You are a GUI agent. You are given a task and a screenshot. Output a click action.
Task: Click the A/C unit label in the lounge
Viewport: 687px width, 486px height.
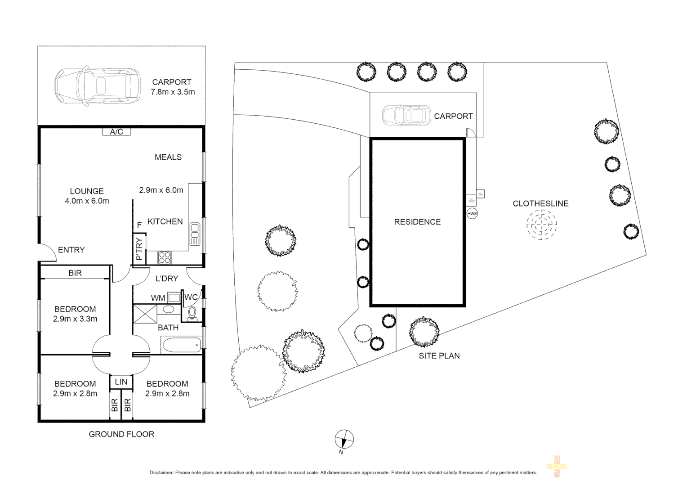pos(116,132)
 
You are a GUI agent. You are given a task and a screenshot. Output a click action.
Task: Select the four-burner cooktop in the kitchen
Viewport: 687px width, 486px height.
pos(165,257)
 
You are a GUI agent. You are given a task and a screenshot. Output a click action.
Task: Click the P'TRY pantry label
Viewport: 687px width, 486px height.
pos(139,249)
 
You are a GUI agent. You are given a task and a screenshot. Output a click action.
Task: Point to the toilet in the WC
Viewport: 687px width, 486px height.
pos(192,313)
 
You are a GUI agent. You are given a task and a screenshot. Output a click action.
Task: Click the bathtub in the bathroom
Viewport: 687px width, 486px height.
pos(182,345)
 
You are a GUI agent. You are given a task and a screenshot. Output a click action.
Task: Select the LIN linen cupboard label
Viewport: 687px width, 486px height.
pos(121,382)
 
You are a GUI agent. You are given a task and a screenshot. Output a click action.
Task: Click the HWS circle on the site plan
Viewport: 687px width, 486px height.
pos(472,213)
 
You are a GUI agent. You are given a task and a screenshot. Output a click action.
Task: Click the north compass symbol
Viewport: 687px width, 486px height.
pos(344,439)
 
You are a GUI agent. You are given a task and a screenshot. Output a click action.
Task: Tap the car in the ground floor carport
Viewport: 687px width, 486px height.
pos(98,85)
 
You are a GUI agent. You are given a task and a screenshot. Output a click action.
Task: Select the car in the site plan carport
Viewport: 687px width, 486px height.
pos(406,116)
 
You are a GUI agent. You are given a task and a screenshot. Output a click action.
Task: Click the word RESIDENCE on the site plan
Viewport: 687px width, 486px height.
pos(417,222)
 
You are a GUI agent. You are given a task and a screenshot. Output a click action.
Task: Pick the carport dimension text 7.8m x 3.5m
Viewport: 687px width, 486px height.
pos(173,92)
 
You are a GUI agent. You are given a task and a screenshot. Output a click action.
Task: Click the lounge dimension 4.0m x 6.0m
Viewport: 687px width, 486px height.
pos(87,201)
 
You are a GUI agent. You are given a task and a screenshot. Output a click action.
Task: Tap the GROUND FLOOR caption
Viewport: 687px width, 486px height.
pos(121,434)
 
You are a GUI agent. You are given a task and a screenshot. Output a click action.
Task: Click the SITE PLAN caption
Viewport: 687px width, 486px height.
pos(439,356)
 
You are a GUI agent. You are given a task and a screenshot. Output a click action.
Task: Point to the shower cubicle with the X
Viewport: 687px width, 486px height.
pos(145,314)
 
